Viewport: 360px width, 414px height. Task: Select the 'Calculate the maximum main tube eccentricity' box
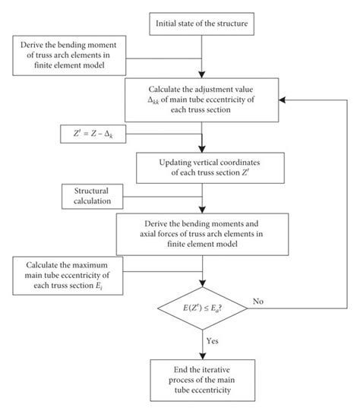(71, 273)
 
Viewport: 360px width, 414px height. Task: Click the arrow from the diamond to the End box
(202, 346)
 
